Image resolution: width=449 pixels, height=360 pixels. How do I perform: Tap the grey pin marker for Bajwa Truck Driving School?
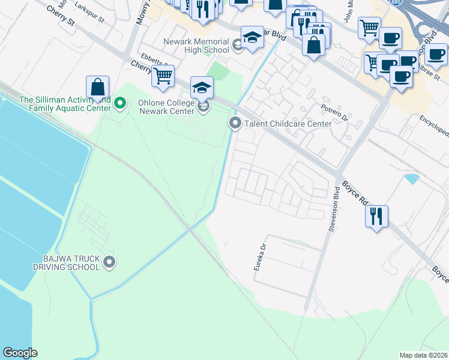(x=109, y=262)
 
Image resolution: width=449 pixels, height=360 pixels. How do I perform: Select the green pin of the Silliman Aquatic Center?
(x=120, y=104)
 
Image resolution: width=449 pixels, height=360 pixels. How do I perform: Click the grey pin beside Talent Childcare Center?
(x=235, y=124)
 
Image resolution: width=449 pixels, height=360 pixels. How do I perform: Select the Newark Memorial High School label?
(x=196, y=46)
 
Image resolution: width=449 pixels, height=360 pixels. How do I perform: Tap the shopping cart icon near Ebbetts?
(x=163, y=76)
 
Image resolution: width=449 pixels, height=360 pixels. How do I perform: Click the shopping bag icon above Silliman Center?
(x=97, y=87)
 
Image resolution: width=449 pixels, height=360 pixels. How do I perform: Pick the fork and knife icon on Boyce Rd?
(x=376, y=216)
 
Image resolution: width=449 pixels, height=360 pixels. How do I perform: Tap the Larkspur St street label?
(x=90, y=12)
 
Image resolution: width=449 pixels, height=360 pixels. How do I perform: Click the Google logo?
(x=20, y=353)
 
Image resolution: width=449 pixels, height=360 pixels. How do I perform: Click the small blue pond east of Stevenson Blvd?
(x=412, y=178)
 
